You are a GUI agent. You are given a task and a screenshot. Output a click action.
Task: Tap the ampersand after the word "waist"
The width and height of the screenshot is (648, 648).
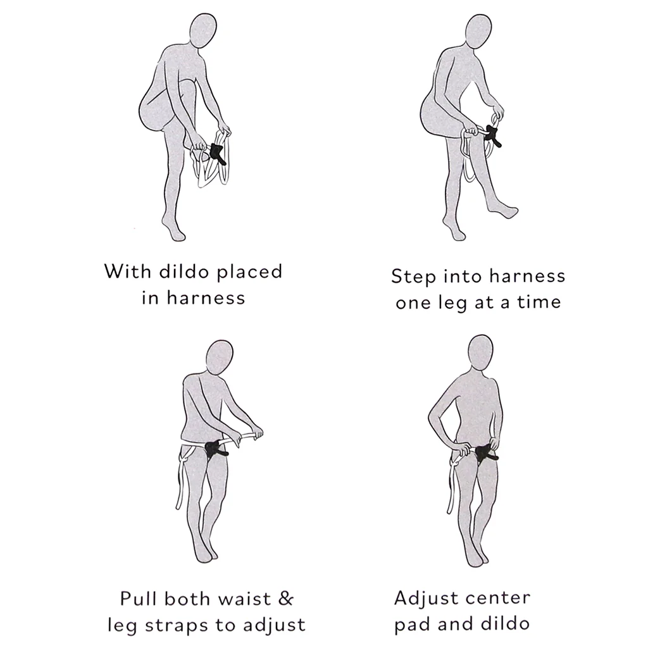pos(285,599)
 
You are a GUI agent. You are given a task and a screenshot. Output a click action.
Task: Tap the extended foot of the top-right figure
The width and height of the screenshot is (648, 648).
pos(507,211)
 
